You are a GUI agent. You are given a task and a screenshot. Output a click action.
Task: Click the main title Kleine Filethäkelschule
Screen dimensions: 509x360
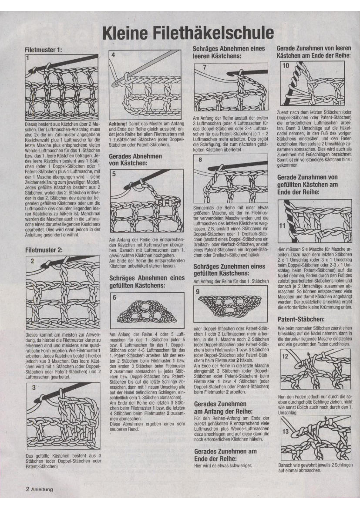pyautogui.click(x=188, y=34)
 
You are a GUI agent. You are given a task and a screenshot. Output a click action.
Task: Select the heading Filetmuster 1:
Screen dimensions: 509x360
pyautogui.click(x=44, y=50)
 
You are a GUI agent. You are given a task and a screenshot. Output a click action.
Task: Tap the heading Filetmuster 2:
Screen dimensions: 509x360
pyautogui.click(x=44, y=250)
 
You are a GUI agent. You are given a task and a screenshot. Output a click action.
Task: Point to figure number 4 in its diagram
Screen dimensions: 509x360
pyautogui.click(x=113, y=55)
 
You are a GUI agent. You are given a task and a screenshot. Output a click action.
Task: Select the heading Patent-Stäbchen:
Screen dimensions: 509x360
pyautogui.click(x=299, y=319)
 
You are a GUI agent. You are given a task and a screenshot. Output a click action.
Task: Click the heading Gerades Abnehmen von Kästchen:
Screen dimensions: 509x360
pyautogui.click(x=135, y=159)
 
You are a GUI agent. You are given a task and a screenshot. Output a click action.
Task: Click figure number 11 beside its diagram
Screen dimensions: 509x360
pyautogui.click(x=282, y=225)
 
